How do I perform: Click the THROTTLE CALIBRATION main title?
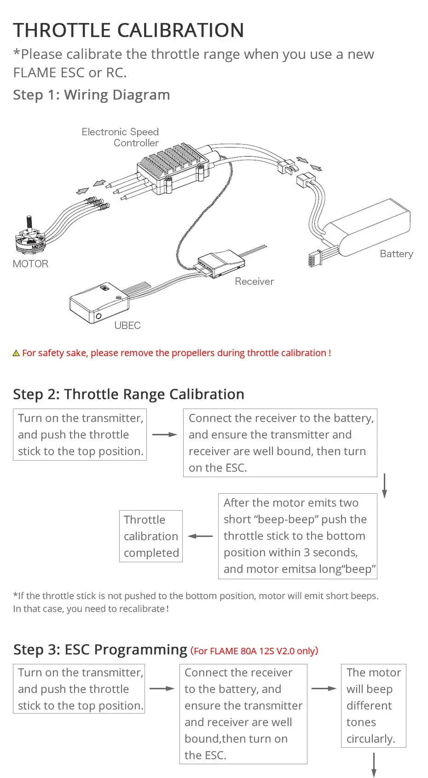coord(128,30)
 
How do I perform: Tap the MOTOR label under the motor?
coord(30,264)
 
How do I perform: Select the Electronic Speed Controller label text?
coord(121,137)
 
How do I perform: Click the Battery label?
coord(396,254)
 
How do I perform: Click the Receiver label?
coord(254,282)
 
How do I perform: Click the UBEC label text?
coord(127,326)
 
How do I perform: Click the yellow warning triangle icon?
coord(16,353)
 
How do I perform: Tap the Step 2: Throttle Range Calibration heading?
coord(128,394)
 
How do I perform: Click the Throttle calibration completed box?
coord(151,536)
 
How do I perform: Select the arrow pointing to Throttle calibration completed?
coord(200,536)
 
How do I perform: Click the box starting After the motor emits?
coord(297,536)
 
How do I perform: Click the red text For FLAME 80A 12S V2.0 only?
coord(254,651)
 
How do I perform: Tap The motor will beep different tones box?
coord(373,705)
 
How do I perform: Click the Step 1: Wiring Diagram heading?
coord(91,95)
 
